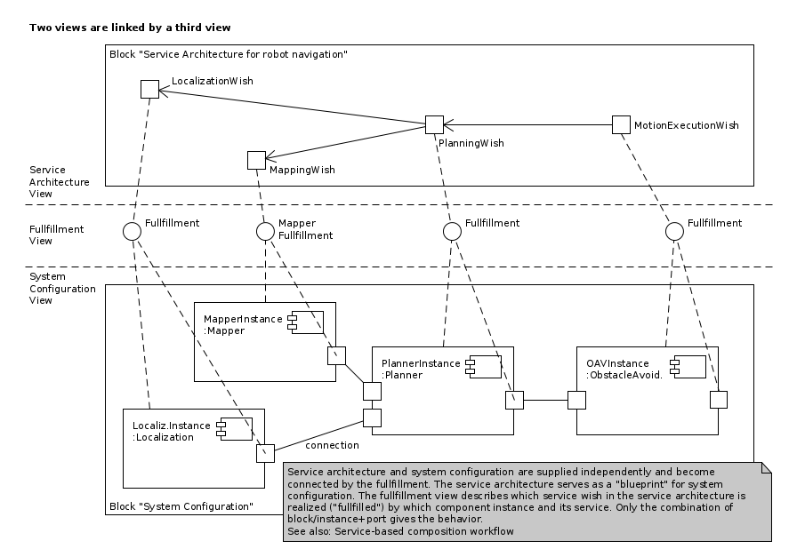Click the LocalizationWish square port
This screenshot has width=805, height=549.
pyautogui.click(x=149, y=89)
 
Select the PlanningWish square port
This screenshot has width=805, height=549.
pyautogui.click(x=434, y=124)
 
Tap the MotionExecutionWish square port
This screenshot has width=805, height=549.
pyautogui.click(x=621, y=124)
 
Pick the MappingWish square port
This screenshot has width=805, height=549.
pyautogui.click(x=256, y=160)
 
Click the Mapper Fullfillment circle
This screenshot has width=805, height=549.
pyautogui.click(x=265, y=231)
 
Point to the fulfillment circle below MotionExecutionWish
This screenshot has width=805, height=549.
pyautogui.click(x=674, y=231)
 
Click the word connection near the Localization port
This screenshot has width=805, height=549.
pyautogui.click(x=332, y=445)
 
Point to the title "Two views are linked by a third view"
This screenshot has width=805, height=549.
pyautogui.click(x=130, y=28)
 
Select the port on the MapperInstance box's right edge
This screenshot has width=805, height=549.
pyautogui.click(x=336, y=355)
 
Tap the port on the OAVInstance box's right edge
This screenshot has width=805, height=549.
pyautogui.click(x=719, y=400)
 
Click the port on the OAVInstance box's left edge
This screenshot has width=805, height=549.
pyautogui.click(x=576, y=400)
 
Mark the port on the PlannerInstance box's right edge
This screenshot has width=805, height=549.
pyautogui.click(x=514, y=400)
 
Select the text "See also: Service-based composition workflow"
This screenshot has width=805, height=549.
pyautogui.click(x=401, y=531)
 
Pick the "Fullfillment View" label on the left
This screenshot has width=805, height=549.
pyautogui.click(x=57, y=235)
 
